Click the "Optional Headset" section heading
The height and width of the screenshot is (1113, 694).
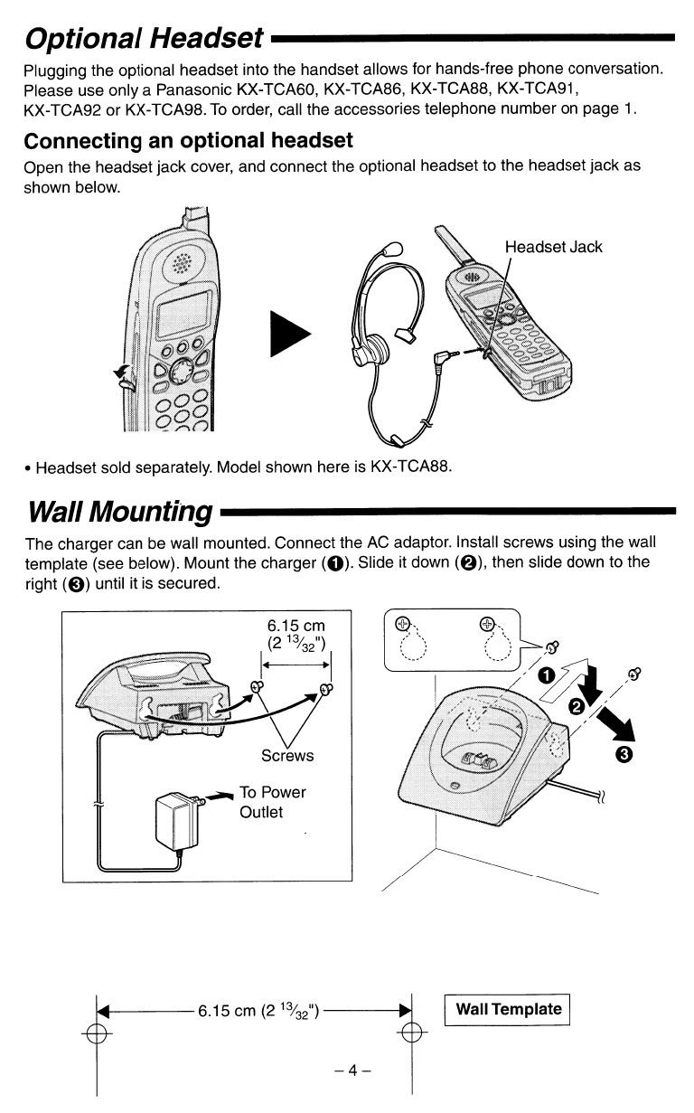(x=145, y=37)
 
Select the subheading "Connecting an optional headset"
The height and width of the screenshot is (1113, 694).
(x=188, y=141)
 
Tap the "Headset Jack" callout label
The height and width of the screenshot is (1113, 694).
(x=553, y=247)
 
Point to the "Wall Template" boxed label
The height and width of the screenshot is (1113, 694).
(x=509, y=1009)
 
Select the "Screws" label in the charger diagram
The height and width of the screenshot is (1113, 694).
(x=287, y=755)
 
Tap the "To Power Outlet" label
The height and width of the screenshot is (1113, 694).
(x=273, y=802)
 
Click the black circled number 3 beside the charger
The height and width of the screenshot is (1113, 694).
(x=627, y=753)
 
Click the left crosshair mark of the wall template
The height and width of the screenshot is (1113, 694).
(x=97, y=1033)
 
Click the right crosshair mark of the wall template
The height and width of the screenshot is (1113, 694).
(x=411, y=1033)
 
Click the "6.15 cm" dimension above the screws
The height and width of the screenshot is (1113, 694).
(x=295, y=626)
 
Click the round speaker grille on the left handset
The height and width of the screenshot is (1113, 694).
(x=182, y=264)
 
